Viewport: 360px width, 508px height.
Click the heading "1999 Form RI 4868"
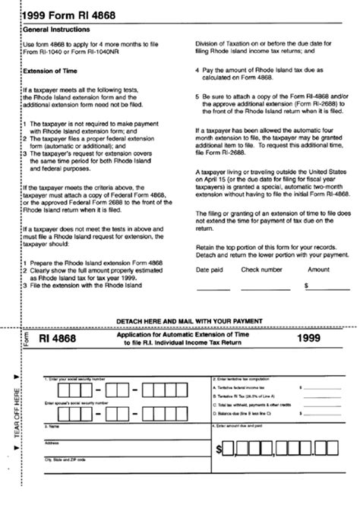pos(66,11)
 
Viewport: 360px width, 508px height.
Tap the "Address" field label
pos(53,443)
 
